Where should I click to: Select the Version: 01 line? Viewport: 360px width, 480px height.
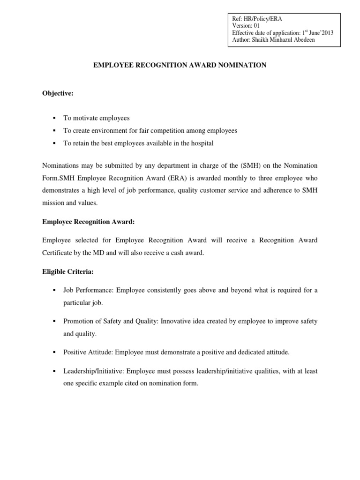(x=246, y=26)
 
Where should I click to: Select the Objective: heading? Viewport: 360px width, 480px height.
(x=58, y=93)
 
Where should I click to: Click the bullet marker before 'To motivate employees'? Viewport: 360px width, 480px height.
(x=54, y=118)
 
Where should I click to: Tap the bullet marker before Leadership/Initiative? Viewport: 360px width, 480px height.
(x=54, y=371)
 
